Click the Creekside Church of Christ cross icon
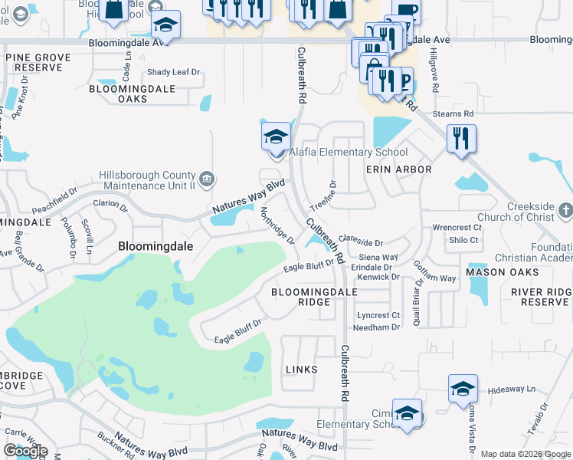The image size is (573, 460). (x=565, y=209)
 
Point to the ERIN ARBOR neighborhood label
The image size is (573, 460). (x=398, y=169)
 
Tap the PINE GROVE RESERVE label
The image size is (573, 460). (x=38, y=62)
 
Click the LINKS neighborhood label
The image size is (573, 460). (x=301, y=370)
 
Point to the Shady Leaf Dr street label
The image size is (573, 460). (x=173, y=73)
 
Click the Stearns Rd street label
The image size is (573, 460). (x=453, y=113)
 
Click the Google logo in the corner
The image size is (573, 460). (x=25, y=451)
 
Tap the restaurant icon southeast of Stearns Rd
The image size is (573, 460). (x=461, y=139)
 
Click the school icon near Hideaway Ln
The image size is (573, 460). (x=463, y=389)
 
